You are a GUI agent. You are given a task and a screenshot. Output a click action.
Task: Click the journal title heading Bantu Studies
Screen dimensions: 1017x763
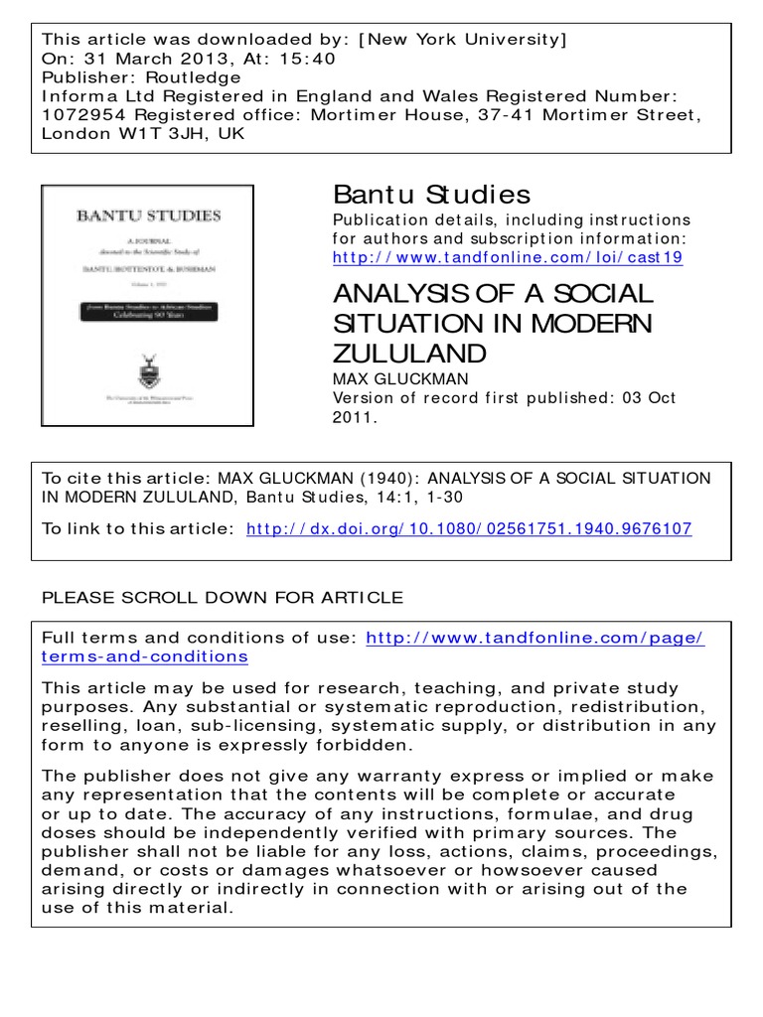[x=431, y=194]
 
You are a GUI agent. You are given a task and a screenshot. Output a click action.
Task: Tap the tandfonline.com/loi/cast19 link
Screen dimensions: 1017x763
[x=507, y=257]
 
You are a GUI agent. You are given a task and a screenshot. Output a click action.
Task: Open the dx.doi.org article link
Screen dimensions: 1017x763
[x=468, y=528]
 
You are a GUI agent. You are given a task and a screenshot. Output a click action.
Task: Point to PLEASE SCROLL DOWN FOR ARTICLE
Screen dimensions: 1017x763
[x=223, y=597]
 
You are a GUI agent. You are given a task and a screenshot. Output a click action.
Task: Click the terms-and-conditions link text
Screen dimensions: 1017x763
[x=145, y=656]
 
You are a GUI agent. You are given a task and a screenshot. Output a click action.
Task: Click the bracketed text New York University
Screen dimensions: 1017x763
[x=465, y=41]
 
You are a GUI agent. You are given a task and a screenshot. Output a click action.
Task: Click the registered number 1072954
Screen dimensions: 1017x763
[x=84, y=115]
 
